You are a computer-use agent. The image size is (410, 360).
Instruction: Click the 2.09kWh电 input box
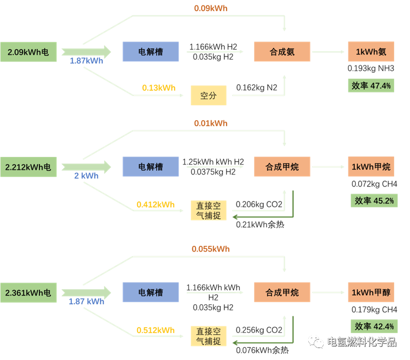point(28,51)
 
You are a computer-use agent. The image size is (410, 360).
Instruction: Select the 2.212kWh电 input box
point(28,167)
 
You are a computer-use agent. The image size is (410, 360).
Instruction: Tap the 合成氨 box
point(282,51)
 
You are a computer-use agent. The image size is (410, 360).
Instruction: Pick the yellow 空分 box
point(208,95)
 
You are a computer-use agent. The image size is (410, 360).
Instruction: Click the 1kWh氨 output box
point(371,51)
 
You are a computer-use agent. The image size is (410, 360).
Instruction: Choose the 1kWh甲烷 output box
point(371,167)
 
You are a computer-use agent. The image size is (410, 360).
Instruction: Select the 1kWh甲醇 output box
point(371,292)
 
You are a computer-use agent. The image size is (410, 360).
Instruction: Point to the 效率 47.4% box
point(371,85)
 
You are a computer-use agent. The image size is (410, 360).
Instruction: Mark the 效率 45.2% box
point(374,200)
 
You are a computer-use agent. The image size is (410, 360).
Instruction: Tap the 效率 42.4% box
point(374,327)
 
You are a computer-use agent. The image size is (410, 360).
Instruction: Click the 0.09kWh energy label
point(210,8)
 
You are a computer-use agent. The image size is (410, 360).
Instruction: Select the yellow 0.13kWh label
point(159,88)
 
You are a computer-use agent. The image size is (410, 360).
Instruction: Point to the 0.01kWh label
point(210,123)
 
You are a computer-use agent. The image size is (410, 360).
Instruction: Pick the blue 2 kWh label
point(86,176)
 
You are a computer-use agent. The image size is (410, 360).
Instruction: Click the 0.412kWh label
point(156,204)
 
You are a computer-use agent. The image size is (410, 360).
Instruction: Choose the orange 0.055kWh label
point(210,249)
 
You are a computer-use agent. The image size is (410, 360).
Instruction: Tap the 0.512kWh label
point(156,330)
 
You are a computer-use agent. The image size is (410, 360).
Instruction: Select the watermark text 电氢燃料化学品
point(361,342)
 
